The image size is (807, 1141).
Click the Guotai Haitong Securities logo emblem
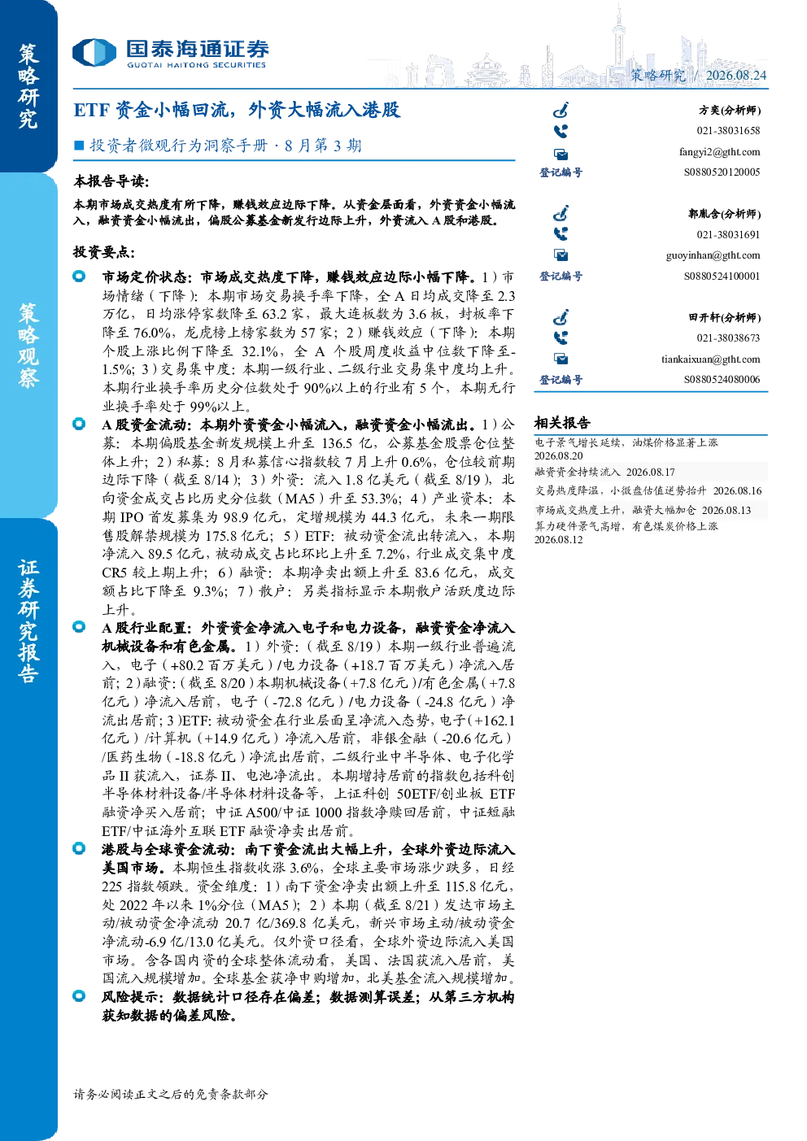point(94,53)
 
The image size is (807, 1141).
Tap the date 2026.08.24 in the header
point(735,76)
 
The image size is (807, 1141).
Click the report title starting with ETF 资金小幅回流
point(237,110)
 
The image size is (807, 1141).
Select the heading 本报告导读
point(111,181)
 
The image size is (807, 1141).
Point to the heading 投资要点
point(104,251)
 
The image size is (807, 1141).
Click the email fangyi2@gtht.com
point(719,152)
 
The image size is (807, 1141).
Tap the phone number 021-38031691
point(728,235)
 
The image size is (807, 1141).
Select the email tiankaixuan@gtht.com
point(711,359)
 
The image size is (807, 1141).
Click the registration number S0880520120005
point(722,172)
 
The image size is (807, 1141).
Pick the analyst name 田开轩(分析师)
point(725,317)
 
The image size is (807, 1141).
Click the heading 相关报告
point(562,422)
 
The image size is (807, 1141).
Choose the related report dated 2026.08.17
point(604,473)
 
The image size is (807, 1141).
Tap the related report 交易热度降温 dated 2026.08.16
point(648,490)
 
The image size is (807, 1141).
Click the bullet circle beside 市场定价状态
point(79,277)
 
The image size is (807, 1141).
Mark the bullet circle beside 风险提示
point(79,995)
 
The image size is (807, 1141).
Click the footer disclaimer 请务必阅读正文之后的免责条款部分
point(171,1094)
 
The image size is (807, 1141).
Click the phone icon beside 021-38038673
point(561,338)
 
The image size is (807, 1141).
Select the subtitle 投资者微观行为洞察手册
point(178,146)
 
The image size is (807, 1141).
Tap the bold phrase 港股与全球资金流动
point(168,849)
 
